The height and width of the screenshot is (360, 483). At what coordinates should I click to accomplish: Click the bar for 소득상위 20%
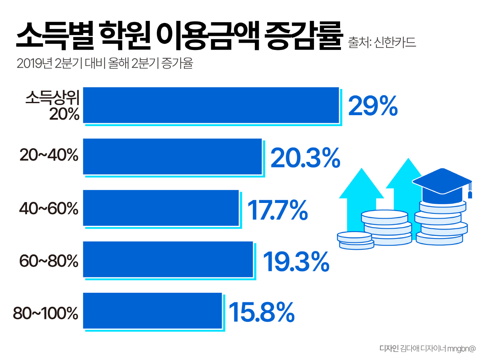[211, 105]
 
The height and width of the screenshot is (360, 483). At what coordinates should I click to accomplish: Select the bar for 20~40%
[172, 156]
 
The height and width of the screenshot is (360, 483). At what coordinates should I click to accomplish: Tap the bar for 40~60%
[161, 208]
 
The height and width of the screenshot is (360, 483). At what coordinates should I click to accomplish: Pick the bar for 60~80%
[168, 259]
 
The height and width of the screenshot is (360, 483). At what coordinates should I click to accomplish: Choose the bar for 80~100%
[152, 310]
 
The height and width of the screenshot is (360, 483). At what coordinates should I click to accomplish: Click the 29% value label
[373, 106]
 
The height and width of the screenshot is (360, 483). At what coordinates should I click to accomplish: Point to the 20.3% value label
[305, 157]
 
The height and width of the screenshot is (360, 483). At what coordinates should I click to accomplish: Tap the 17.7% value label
[277, 209]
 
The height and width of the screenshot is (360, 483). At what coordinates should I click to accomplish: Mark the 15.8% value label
[262, 312]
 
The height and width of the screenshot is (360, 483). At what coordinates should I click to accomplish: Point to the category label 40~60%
[49, 209]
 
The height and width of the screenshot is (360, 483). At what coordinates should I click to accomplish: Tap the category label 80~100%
[45, 313]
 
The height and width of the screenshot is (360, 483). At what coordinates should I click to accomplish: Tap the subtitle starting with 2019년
[105, 64]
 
